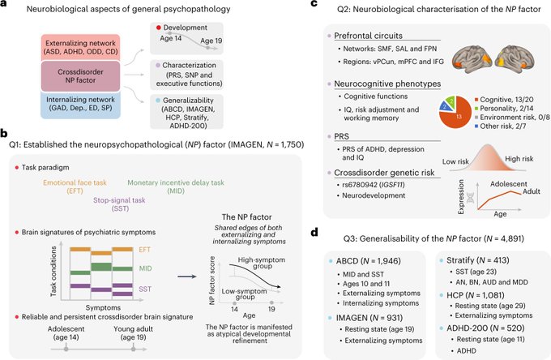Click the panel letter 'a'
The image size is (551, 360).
(6, 8)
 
